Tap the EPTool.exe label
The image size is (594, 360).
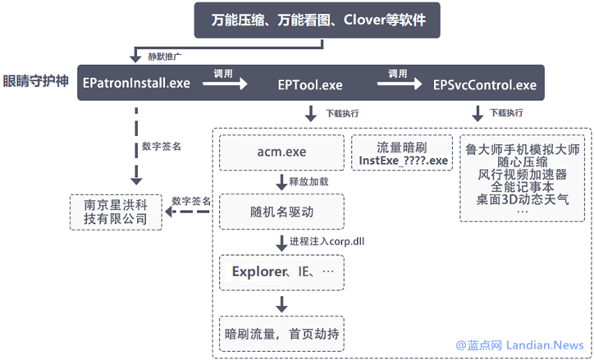point(310,84)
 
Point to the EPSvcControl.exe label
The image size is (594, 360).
point(485,84)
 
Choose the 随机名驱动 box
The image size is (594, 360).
point(279,213)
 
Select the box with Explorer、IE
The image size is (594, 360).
point(279,271)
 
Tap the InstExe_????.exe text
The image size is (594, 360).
point(403,160)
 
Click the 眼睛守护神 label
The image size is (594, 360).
point(37,83)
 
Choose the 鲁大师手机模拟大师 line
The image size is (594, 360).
point(522,149)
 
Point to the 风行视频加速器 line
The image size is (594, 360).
point(522,174)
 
